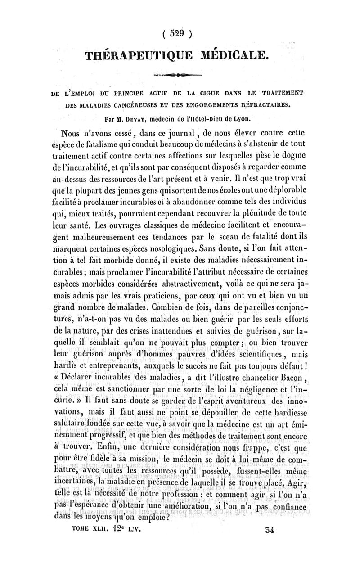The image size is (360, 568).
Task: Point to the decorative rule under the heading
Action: point(177,75)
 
